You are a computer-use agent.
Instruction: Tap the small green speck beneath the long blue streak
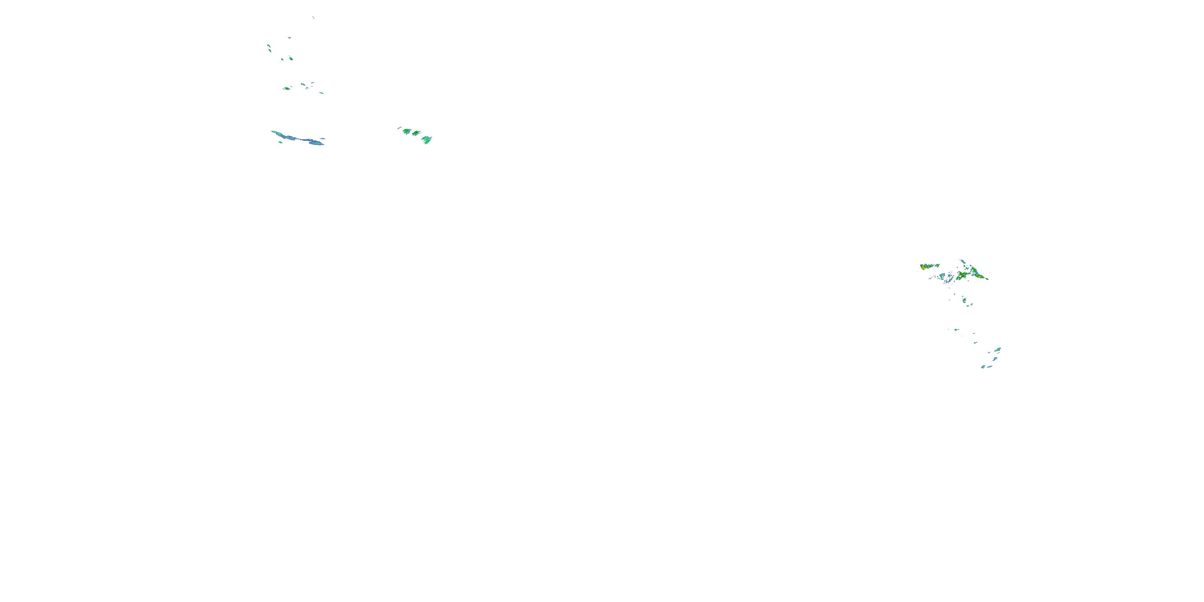click(x=281, y=142)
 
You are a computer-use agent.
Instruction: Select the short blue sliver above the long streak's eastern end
click(x=323, y=138)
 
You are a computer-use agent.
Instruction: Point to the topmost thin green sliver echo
click(x=313, y=17)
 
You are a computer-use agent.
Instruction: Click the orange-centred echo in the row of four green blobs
click(x=415, y=133)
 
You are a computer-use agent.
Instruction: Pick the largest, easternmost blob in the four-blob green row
click(x=427, y=139)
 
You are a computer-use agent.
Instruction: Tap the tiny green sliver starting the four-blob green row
click(x=399, y=128)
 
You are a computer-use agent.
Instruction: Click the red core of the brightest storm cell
click(x=923, y=267)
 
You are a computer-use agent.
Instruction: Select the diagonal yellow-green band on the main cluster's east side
click(x=977, y=275)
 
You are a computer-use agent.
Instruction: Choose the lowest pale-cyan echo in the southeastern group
click(x=983, y=367)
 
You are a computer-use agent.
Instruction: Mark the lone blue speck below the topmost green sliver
click(x=289, y=37)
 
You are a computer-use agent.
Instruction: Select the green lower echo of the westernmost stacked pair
click(x=270, y=50)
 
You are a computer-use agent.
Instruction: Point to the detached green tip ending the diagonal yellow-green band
click(x=986, y=279)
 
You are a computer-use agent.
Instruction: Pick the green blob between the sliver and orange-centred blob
click(x=407, y=131)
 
